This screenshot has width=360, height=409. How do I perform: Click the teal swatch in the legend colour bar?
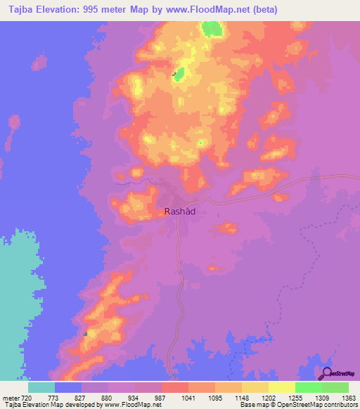41,387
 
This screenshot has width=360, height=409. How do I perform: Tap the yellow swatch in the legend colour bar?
281,387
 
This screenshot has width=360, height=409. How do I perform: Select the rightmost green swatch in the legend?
335,387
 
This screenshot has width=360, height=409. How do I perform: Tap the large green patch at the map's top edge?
210,29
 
